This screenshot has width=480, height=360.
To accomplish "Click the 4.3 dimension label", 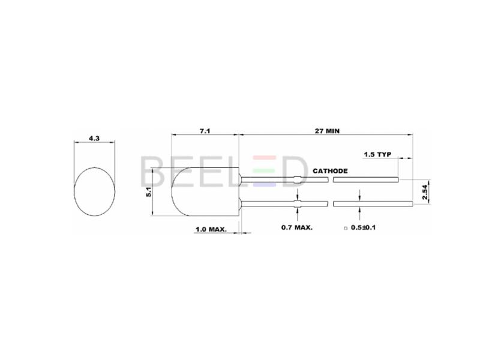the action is point(94,139).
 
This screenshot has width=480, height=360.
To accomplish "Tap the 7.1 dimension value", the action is point(205,131).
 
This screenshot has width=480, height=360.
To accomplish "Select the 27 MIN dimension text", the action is point(327,131).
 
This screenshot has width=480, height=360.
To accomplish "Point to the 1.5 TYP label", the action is point(377,154).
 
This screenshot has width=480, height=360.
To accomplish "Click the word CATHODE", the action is point(330,171).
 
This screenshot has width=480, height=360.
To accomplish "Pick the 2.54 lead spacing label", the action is point(425,192).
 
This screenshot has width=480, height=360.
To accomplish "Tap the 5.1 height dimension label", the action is point(149,192).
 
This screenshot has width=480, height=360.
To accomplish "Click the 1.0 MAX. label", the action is point(211,229).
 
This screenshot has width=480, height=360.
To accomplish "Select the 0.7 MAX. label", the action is point(297,227).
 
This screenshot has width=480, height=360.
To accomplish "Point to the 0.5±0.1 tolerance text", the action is point(363,227).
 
